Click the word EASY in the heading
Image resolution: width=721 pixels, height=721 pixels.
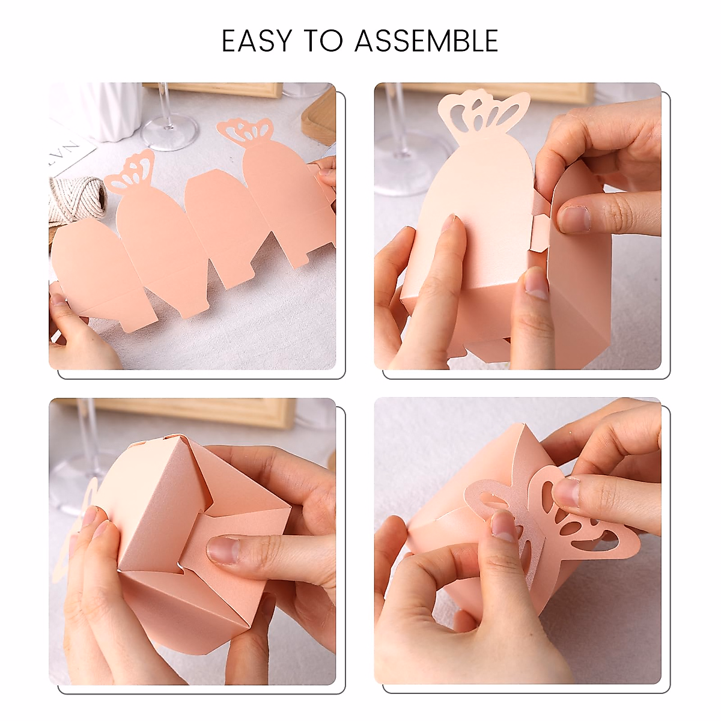point(258,41)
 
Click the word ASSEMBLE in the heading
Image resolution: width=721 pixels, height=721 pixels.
point(426,41)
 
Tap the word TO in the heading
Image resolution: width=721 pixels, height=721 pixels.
point(323,41)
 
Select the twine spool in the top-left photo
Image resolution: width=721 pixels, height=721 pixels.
point(75,198)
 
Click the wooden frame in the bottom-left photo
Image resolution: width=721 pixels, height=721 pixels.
point(192,412)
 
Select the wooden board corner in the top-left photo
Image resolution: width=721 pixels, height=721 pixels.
point(318,117)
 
